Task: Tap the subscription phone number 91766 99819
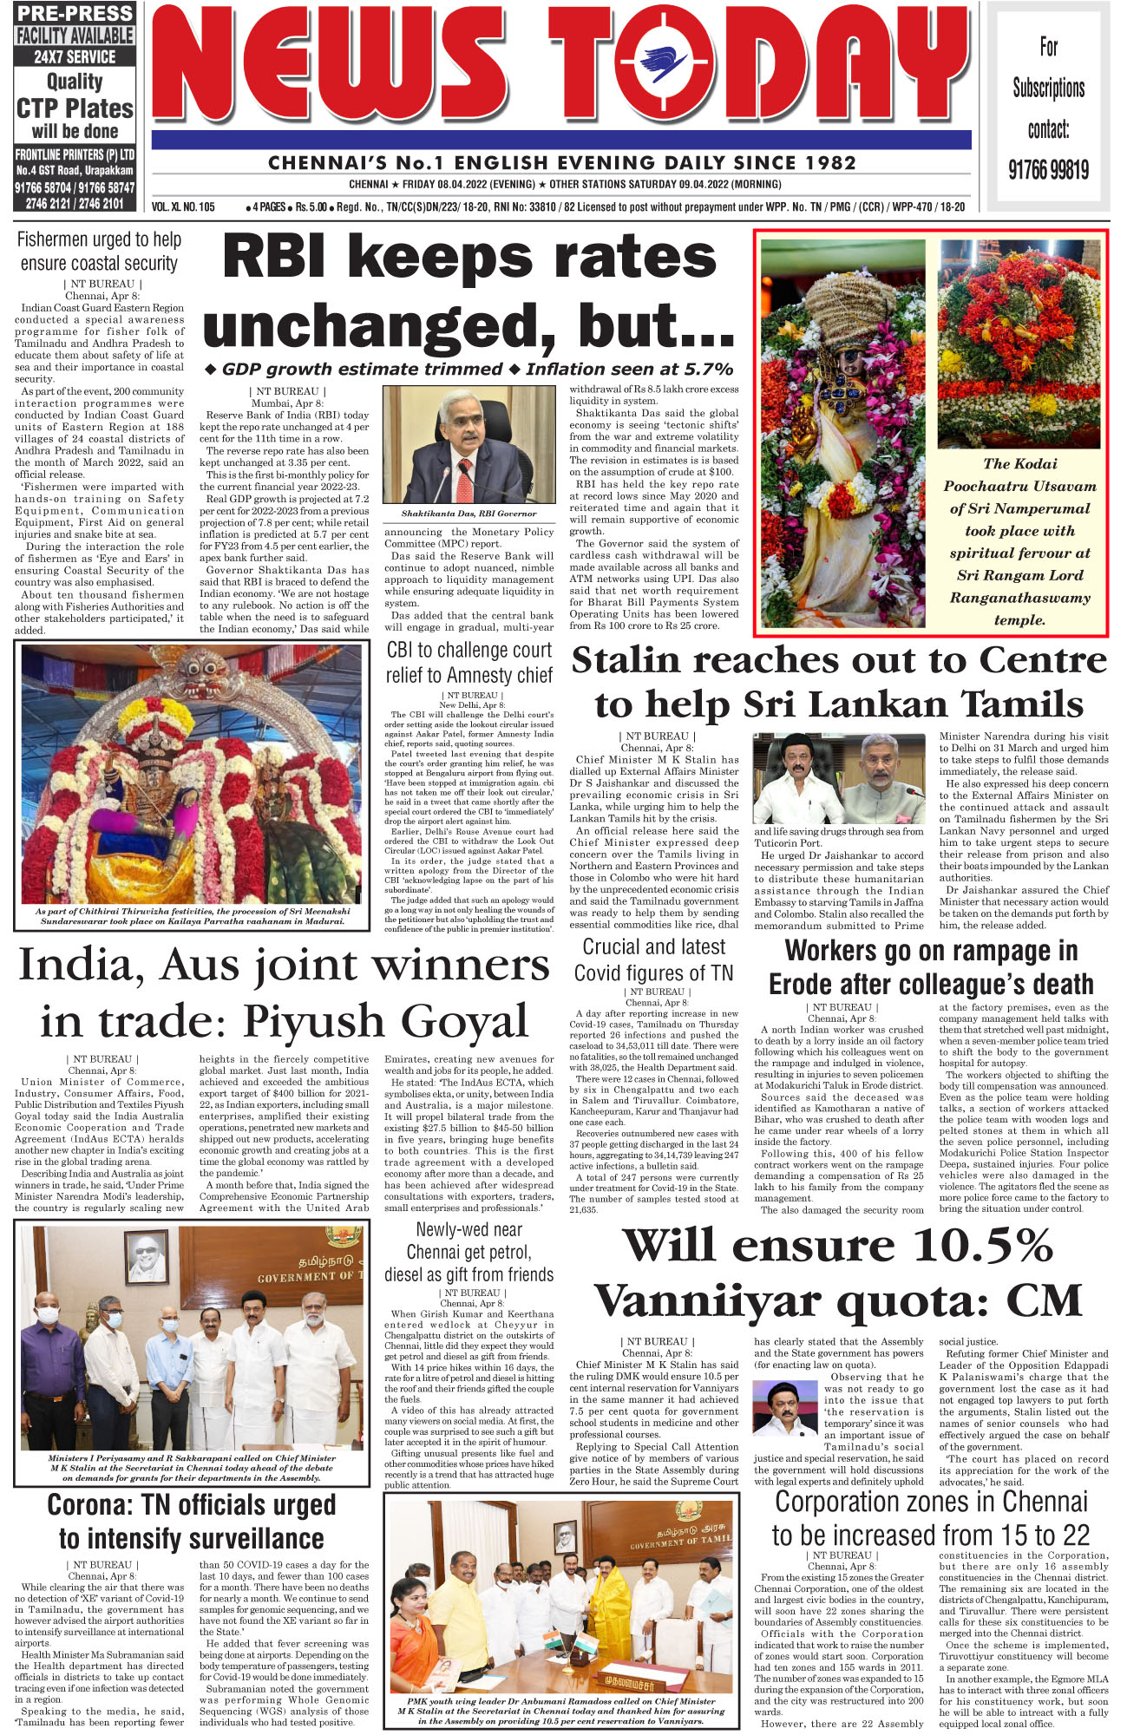click(1048, 170)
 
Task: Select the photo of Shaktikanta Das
click(468, 445)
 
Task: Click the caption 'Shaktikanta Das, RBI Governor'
click(468, 514)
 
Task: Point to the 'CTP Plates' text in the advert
click(75, 108)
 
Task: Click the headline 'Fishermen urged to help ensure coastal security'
click(99, 252)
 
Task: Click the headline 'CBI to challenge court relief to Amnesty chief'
click(468, 662)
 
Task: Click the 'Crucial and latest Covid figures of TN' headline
click(653, 959)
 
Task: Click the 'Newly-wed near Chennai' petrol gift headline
click(468, 1252)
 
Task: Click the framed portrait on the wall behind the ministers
click(147, 1257)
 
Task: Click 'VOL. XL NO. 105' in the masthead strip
click(183, 207)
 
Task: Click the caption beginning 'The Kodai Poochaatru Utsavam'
click(1019, 542)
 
